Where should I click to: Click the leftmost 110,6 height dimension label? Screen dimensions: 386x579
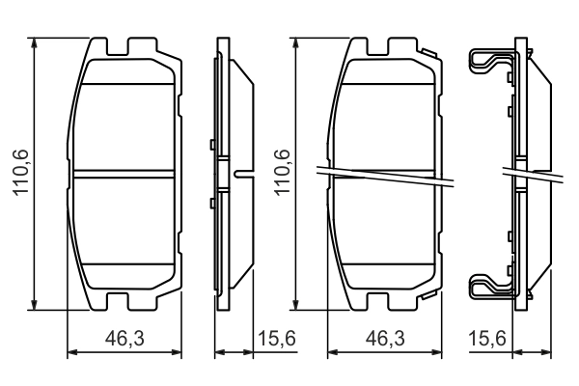19,173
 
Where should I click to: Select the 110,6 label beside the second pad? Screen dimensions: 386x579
283,173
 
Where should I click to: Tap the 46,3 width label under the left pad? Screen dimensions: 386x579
123,338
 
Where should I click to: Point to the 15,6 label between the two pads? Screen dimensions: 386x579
277,338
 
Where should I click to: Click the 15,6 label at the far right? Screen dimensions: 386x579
485,338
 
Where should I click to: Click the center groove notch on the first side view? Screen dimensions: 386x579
239,175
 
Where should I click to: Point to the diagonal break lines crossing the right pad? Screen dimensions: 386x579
386,177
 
